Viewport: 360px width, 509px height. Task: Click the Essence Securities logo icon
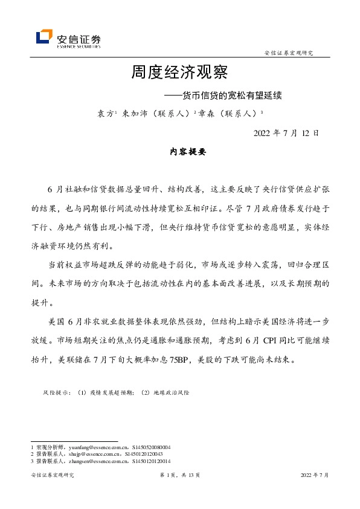[x=43, y=37]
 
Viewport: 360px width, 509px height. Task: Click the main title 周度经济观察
[x=179, y=73]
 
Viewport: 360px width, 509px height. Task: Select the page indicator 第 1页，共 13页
[x=179, y=476]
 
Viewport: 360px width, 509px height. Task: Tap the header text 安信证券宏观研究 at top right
[x=289, y=53]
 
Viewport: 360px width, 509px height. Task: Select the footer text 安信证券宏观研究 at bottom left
[x=53, y=476]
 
